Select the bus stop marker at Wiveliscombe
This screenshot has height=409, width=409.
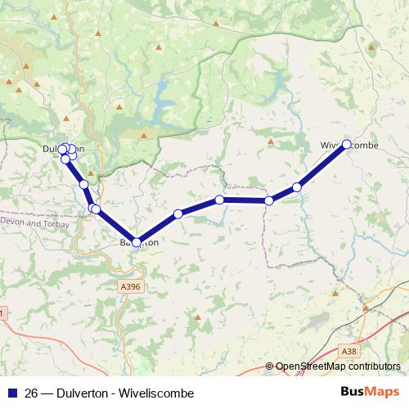coord(346,144)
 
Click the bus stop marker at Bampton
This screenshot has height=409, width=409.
coord(137,242)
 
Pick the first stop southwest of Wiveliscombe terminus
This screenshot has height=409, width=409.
coord(297,187)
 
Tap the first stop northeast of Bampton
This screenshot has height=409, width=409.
coord(178,214)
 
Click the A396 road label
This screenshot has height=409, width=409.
coord(131,287)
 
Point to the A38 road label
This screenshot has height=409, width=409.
coord(349,351)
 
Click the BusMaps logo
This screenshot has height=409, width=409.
coord(371,392)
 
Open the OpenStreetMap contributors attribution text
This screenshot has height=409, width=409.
coord(337,366)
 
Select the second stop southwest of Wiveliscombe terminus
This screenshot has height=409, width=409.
coord(268,200)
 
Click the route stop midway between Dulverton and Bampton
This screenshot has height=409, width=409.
coord(84,184)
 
